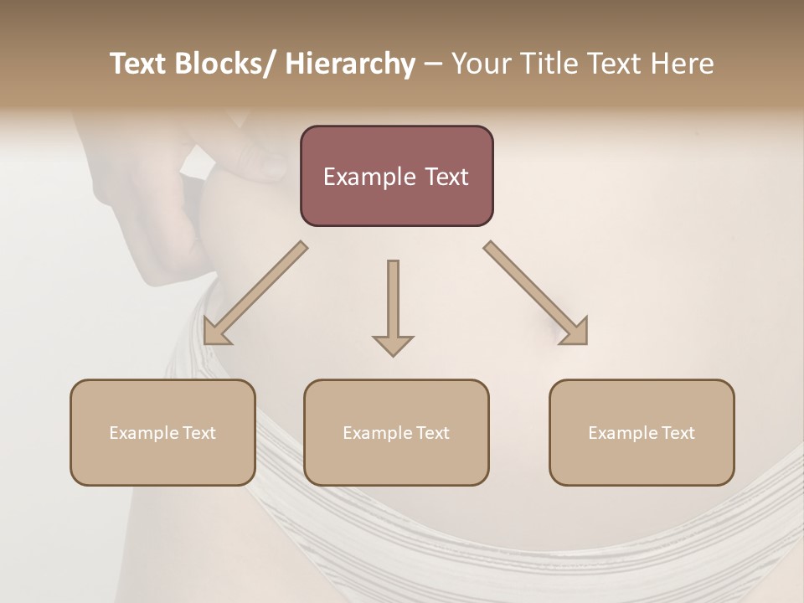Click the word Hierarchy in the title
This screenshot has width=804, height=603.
point(350,64)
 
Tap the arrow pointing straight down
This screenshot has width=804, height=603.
point(393,306)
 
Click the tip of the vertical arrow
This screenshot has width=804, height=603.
point(393,356)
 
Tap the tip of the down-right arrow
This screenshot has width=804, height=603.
point(585,343)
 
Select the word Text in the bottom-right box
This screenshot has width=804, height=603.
point(677,433)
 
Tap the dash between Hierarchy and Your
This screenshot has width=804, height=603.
point(433,64)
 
